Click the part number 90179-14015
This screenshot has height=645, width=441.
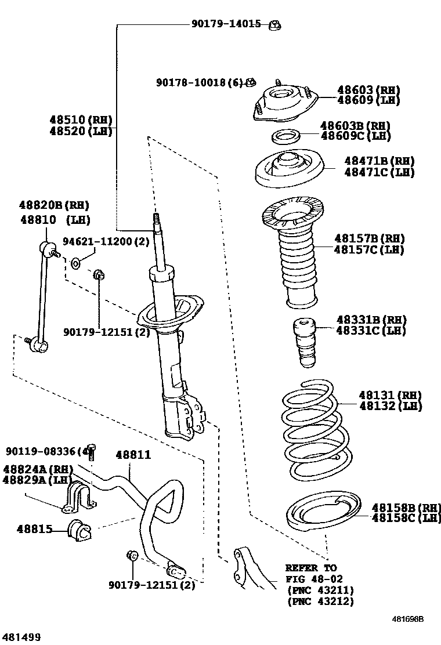pos(226,24)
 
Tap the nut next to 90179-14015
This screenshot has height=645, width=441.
pos(275,24)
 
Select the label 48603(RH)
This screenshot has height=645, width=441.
pos(368,90)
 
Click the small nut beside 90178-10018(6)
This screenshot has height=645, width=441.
pos(251,82)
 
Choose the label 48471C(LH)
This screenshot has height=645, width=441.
pos(379,172)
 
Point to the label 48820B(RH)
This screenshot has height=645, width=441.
pos(54,205)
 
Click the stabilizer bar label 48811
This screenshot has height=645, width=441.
pos(133,455)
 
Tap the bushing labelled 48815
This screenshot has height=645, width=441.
pos(79,529)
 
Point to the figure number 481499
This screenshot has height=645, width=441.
pos(21,637)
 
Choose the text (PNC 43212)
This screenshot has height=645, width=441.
pos(320,601)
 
